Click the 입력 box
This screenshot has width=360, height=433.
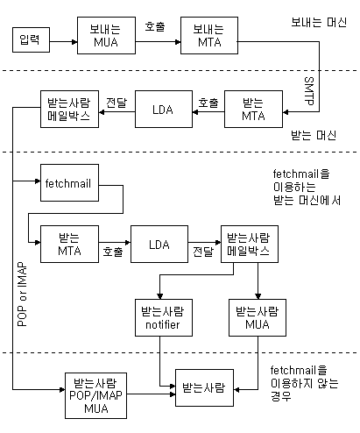click(x=31, y=40)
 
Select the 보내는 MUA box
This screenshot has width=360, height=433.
click(x=106, y=35)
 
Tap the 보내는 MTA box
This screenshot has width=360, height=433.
click(x=209, y=35)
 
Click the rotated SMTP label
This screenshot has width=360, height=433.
click(x=309, y=91)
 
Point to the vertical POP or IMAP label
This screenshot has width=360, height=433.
click(x=22, y=295)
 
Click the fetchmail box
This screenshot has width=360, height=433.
click(x=69, y=182)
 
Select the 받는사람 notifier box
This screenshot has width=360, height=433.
click(x=164, y=317)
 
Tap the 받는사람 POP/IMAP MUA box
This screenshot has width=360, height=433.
click(x=95, y=395)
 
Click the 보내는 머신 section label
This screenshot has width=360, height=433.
click(x=319, y=23)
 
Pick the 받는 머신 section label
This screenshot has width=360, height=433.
click(x=314, y=135)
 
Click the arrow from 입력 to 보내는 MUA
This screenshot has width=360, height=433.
click(x=63, y=42)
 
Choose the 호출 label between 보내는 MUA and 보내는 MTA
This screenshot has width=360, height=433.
click(x=155, y=26)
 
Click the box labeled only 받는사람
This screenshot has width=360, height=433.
click(x=204, y=387)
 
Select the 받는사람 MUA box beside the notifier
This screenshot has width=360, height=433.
click(x=258, y=317)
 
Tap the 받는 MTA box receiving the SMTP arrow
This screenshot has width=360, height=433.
click(x=253, y=109)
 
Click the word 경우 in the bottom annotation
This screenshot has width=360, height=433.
click(x=281, y=396)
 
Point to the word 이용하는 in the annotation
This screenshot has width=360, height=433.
click(x=294, y=187)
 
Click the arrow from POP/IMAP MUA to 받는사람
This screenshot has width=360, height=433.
click(x=151, y=394)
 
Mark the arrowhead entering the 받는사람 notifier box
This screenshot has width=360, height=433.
click(x=159, y=296)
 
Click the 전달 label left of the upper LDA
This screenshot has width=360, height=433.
click(x=116, y=103)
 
